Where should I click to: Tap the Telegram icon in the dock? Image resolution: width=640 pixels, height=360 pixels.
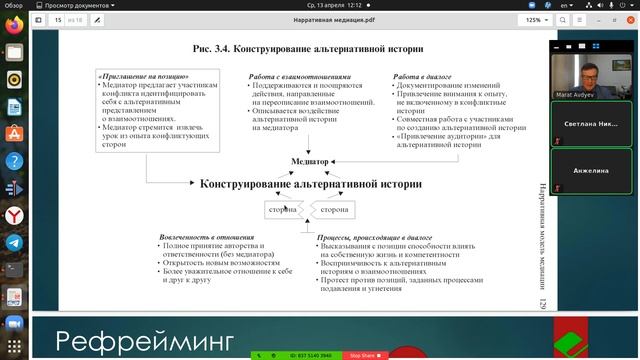pyautogui.click(x=14, y=242)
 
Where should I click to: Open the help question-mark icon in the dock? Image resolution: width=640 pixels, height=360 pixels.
pyautogui.click(x=14, y=161)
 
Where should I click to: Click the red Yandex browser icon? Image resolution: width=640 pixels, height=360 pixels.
pyautogui.click(x=14, y=215)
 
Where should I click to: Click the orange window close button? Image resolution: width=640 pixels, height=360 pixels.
pyautogui.click(x=630, y=19)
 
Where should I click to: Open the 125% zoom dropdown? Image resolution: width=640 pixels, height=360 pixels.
pyautogui.click(x=536, y=19)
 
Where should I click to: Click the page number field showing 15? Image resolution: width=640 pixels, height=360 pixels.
pyautogui.click(x=59, y=19)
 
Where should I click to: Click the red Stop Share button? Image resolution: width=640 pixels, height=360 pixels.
pyautogui.click(x=362, y=355)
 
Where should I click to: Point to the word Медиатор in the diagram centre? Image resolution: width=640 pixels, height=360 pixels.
pyautogui.click(x=310, y=162)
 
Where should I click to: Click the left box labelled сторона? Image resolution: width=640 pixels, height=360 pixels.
pyautogui.click(x=284, y=210)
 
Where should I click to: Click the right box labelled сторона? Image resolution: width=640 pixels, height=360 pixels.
pyautogui.click(x=335, y=210)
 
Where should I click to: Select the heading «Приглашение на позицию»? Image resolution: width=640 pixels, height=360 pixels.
pyautogui.click(x=144, y=77)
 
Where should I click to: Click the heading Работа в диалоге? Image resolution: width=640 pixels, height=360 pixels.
pyautogui.click(x=422, y=77)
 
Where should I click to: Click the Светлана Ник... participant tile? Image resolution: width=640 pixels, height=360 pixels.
pyautogui.click(x=593, y=124)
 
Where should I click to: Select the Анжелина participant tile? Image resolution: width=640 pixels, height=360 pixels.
pyautogui.click(x=593, y=171)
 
